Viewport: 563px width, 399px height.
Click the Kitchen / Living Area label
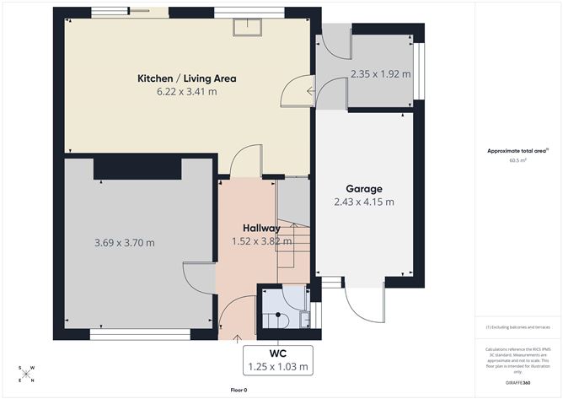(187, 78)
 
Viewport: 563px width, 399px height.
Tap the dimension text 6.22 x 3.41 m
(187, 91)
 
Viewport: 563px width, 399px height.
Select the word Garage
(364, 189)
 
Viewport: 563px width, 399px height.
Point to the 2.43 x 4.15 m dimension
(364, 202)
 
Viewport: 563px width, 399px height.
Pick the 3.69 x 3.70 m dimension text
(124, 243)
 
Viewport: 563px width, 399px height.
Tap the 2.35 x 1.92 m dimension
(380, 74)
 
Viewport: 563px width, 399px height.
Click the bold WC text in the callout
(279, 353)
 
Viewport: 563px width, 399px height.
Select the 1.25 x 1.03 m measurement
(279, 367)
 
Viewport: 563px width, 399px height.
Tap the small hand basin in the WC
(304, 318)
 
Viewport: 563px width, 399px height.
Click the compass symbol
(27, 373)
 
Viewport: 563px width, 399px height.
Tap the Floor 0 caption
(239, 390)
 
